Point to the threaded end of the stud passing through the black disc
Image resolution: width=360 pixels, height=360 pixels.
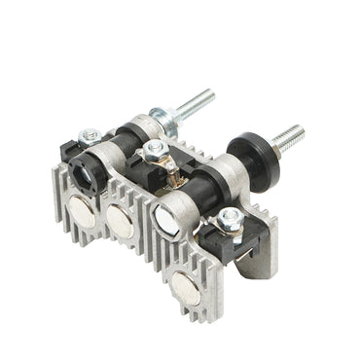(292, 135)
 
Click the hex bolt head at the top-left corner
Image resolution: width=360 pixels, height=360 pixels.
(90, 137)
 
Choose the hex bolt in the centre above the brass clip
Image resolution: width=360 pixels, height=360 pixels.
(153, 147)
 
